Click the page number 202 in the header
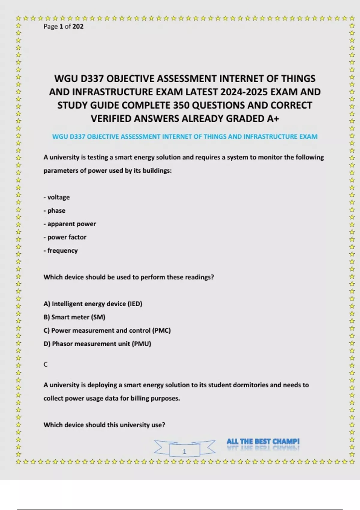coord(78,26)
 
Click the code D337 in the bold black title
coord(92,79)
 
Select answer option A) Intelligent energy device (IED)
coord(93,304)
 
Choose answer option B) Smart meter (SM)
coord(74,317)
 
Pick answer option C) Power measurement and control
coord(107,331)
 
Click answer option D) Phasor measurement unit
coord(97,344)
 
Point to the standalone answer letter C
coord(46,364)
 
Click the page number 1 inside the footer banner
coord(184,451)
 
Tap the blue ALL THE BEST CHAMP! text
coord(263,442)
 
